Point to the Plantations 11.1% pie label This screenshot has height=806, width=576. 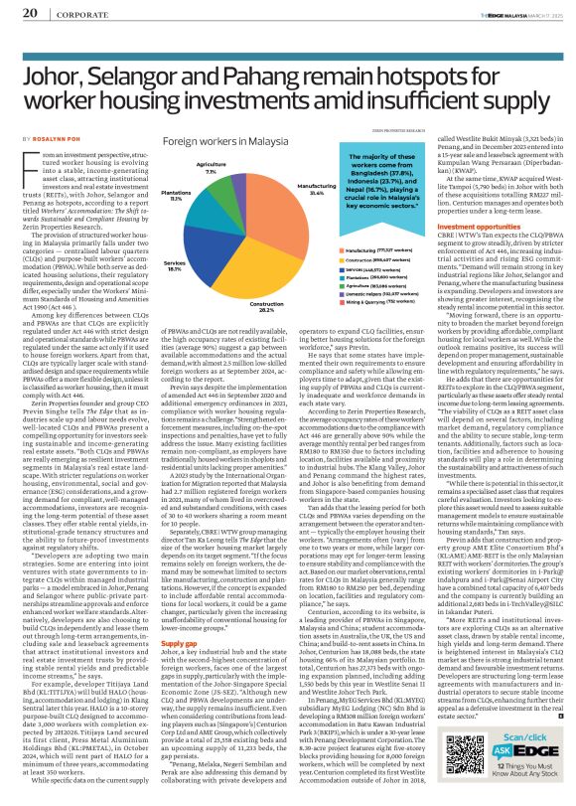(x=147, y=198)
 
